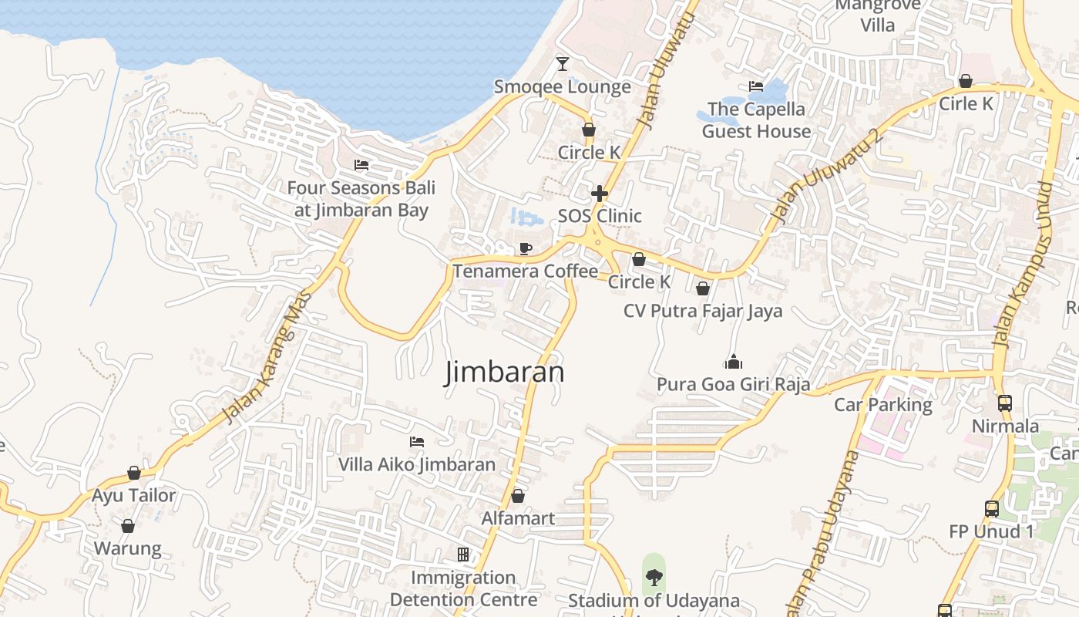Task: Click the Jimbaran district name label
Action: (505, 373)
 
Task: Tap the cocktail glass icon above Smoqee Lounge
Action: (563, 63)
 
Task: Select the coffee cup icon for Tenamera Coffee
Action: (525, 248)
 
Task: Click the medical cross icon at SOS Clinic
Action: (600, 193)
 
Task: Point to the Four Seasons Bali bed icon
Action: (361, 164)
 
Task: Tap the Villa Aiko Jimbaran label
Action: (417, 464)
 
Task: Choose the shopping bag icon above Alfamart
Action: (518, 495)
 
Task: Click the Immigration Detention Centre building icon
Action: (463, 555)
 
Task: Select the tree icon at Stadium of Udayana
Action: (654, 577)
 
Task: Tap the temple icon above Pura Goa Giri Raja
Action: (734, 361)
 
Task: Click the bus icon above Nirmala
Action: (1005, 403)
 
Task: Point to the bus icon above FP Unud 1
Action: (992, 508)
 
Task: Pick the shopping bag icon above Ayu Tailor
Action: (134, 472)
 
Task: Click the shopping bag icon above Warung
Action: (128, 526)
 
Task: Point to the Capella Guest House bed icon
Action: (756, 86)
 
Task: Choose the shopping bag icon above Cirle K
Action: (966, 81)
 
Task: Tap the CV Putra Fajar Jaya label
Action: (703, 311)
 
